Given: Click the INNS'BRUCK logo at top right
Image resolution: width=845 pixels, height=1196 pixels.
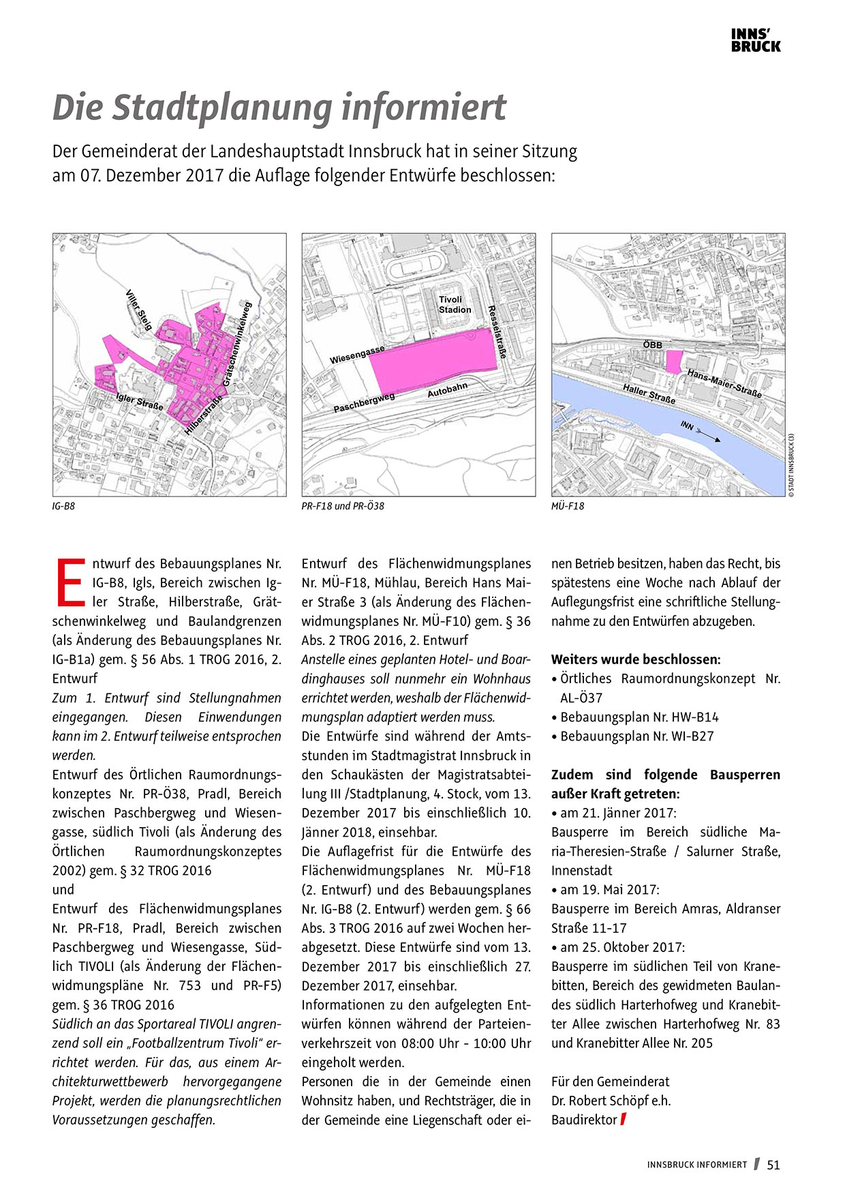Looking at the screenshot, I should [x=755, y=40].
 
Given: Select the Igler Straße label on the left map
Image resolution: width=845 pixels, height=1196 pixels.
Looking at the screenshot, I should [x=140, y=402].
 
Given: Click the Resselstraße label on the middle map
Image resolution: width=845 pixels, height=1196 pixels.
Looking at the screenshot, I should [x=497, y=332].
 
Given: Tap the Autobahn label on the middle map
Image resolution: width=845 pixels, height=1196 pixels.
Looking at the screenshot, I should [x=447, y=390].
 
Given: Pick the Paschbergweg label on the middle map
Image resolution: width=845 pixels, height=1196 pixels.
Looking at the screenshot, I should [x=364, y=403].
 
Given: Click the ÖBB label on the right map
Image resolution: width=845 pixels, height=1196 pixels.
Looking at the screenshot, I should [x=652, y=345].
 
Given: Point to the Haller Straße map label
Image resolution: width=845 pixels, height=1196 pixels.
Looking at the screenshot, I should [x=649, y=393].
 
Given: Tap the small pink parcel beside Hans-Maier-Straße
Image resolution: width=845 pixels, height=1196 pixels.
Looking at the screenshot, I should [x=673, y=361].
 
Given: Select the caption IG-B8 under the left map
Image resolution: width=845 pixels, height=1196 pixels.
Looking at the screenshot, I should [x=63, y=506].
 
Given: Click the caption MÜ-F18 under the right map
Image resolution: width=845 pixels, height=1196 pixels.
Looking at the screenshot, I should [x=567, y=506].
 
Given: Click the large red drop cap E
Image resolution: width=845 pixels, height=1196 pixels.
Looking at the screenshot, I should [x=70, y=582].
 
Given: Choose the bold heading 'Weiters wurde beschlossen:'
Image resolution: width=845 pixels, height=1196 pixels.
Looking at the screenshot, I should [x=635, y=659].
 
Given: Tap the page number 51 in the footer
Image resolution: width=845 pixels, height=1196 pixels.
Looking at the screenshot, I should [x=773, y=1165].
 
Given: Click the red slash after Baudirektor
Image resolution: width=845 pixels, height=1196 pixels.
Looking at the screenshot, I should [x=623, y=1119].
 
